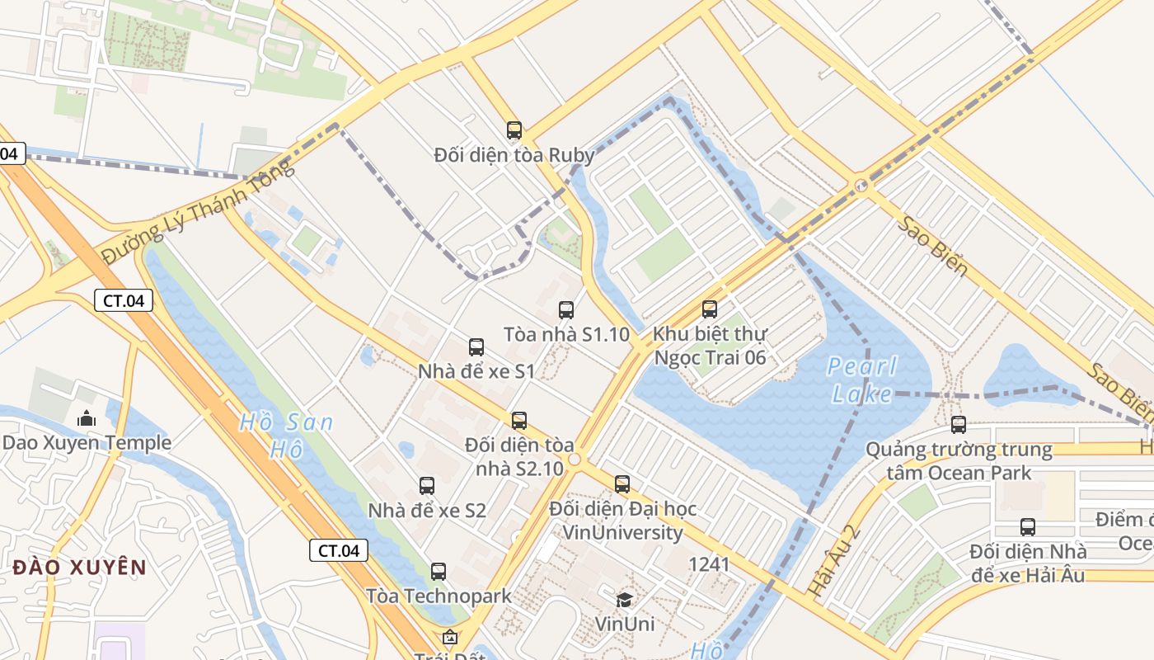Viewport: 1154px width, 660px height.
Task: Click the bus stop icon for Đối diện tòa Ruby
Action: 514,130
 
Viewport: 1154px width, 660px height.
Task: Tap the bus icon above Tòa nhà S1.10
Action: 566,310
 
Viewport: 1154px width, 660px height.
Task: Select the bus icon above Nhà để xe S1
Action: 476,347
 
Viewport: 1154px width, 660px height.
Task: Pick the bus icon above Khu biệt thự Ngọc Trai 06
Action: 710,309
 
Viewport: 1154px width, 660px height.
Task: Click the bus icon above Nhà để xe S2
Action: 427,486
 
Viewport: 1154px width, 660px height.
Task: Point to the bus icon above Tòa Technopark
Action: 439,571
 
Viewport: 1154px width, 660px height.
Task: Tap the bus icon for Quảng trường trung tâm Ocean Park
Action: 959,425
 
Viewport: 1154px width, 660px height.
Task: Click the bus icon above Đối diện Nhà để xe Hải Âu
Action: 1028,526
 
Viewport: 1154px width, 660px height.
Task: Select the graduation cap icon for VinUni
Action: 625,600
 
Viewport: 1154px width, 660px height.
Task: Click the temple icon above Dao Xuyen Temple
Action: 87,419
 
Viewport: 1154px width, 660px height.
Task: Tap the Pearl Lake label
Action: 862,379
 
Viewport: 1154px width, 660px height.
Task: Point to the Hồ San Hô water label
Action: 286,436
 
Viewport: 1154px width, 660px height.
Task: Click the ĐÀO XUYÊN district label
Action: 80,568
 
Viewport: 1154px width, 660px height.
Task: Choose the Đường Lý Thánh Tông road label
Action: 198,212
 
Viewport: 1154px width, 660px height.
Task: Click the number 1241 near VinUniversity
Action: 709,564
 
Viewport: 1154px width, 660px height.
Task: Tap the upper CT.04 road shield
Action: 124,300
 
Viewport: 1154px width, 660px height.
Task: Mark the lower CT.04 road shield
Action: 339,550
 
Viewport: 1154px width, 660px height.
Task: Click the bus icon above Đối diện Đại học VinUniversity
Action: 622,484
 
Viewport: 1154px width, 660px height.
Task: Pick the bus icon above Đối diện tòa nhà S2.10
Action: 519,421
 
